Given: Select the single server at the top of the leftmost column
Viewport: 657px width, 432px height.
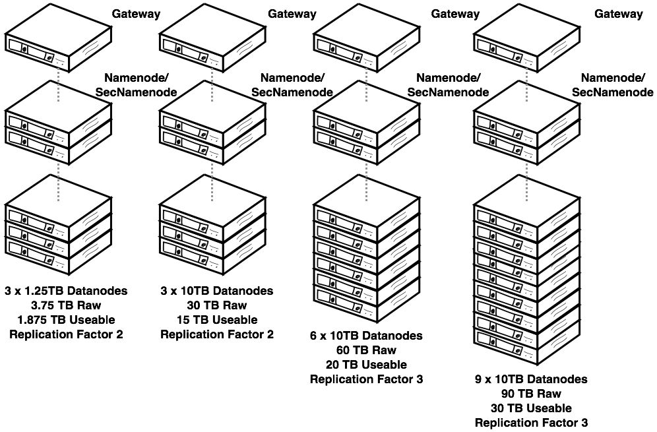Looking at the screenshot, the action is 58,36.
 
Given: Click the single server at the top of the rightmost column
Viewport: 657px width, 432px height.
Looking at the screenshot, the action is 526,36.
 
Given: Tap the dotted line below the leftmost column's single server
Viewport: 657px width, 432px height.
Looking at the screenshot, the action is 58,84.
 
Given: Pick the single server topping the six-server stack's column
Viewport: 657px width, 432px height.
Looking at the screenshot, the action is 367,36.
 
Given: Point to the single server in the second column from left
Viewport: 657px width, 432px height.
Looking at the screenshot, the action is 212,36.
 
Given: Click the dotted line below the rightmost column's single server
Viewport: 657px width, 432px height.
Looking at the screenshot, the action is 526,84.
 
